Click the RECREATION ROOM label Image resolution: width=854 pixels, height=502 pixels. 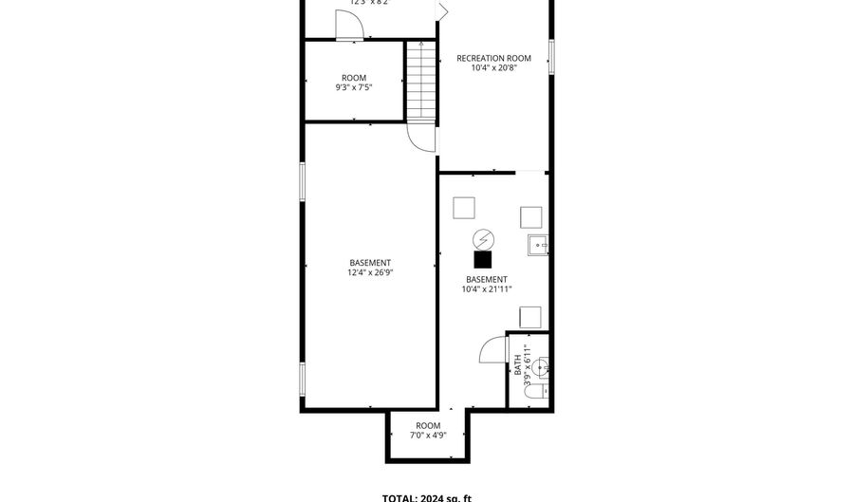[494, 58]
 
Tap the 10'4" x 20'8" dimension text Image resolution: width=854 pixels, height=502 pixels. [494, 68]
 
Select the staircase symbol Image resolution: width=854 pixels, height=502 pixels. [420, 81]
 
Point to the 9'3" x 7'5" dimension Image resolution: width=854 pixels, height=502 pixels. [354, 88]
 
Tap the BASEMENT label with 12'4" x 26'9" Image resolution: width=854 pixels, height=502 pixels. [370, 263]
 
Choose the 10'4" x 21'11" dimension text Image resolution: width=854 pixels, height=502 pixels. [487, 289]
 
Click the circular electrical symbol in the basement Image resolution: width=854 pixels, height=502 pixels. [483, 238]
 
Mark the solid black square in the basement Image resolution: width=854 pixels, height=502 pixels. [483, 258]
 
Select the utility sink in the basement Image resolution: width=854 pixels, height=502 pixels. [539, 245]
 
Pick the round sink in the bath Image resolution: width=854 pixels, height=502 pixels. [539, 365]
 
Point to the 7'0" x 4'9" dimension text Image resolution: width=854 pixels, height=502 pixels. [428, 437]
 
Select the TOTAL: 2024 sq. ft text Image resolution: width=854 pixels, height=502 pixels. [427, 497]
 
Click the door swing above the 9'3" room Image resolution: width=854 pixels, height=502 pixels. [349, 26]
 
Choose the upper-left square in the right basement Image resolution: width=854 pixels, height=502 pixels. [463, 207]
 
